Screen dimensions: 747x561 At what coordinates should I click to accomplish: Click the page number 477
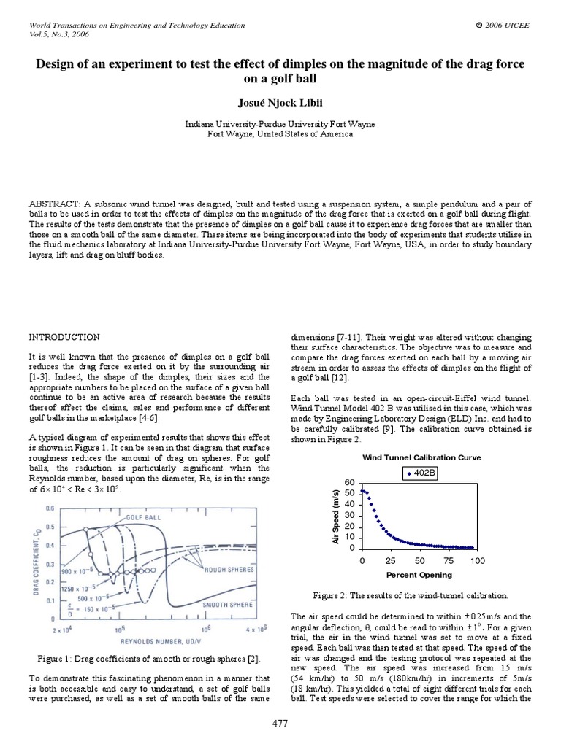280,723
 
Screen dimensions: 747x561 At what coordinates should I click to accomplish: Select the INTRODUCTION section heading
64,337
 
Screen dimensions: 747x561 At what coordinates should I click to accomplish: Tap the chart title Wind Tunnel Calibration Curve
421,457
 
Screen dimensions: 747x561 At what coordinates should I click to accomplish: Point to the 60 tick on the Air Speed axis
348,483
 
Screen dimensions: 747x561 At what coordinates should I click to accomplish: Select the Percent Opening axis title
420,573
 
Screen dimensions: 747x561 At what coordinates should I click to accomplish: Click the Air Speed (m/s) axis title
335,516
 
